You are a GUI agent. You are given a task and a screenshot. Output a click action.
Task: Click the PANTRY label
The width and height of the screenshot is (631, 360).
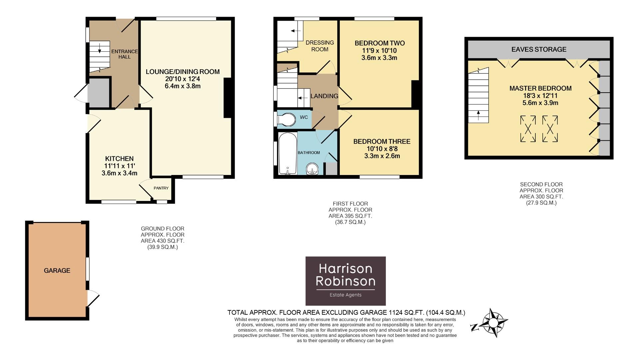coord(161,188)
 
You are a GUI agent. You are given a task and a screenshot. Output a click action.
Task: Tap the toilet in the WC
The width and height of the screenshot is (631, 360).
coord(287,119)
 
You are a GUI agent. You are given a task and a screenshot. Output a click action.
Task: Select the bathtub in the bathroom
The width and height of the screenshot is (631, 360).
coord(288,154)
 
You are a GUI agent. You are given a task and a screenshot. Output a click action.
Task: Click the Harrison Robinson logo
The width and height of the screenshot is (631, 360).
coord(345,281)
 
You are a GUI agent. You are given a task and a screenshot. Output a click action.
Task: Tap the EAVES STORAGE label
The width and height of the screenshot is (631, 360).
coord(539,49)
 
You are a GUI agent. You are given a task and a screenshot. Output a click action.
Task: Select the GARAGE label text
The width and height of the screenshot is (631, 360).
coord(57,270)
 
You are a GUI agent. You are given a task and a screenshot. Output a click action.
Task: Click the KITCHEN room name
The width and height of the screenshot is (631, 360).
coord(119,159)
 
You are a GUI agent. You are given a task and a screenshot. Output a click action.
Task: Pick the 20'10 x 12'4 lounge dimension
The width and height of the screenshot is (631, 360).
coord(183,79)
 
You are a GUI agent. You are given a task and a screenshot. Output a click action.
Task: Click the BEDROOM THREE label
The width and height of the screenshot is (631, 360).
coord(382,141)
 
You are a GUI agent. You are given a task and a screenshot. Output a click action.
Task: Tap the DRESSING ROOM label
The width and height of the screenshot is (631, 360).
coord(319,46)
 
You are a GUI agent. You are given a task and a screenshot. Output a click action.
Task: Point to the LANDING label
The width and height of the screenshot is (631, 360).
coord(324,96)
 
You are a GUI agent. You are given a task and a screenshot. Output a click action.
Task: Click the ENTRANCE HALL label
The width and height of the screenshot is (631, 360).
coord(124,54)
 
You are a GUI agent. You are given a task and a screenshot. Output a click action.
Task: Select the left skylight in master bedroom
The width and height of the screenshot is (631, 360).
coord(528,129)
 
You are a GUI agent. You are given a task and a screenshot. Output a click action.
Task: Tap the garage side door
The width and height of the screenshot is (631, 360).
coord(93,298)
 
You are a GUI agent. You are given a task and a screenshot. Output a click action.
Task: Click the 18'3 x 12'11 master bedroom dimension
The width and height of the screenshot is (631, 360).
coord(540,96)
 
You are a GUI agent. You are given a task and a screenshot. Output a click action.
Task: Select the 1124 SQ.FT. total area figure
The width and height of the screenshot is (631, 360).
coord(406,313)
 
